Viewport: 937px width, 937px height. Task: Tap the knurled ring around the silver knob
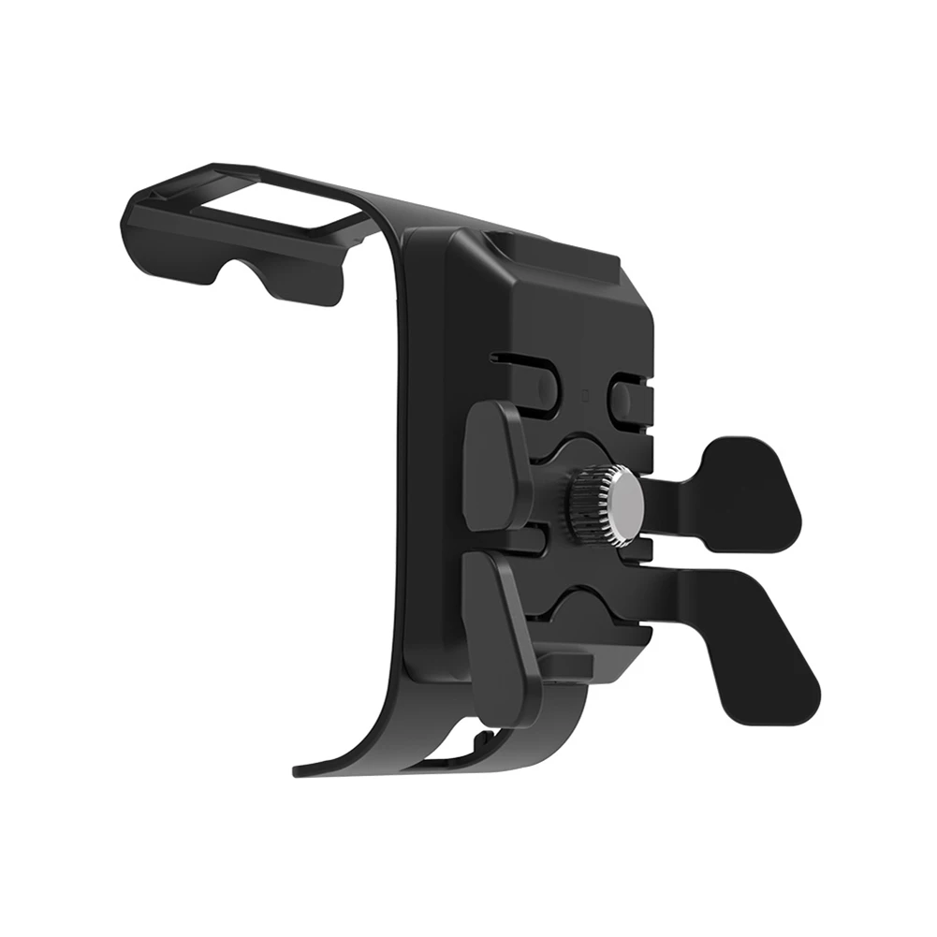[586, 505]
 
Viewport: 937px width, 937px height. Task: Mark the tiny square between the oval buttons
[583, 392]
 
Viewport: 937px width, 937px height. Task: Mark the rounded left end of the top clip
[133, 220]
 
